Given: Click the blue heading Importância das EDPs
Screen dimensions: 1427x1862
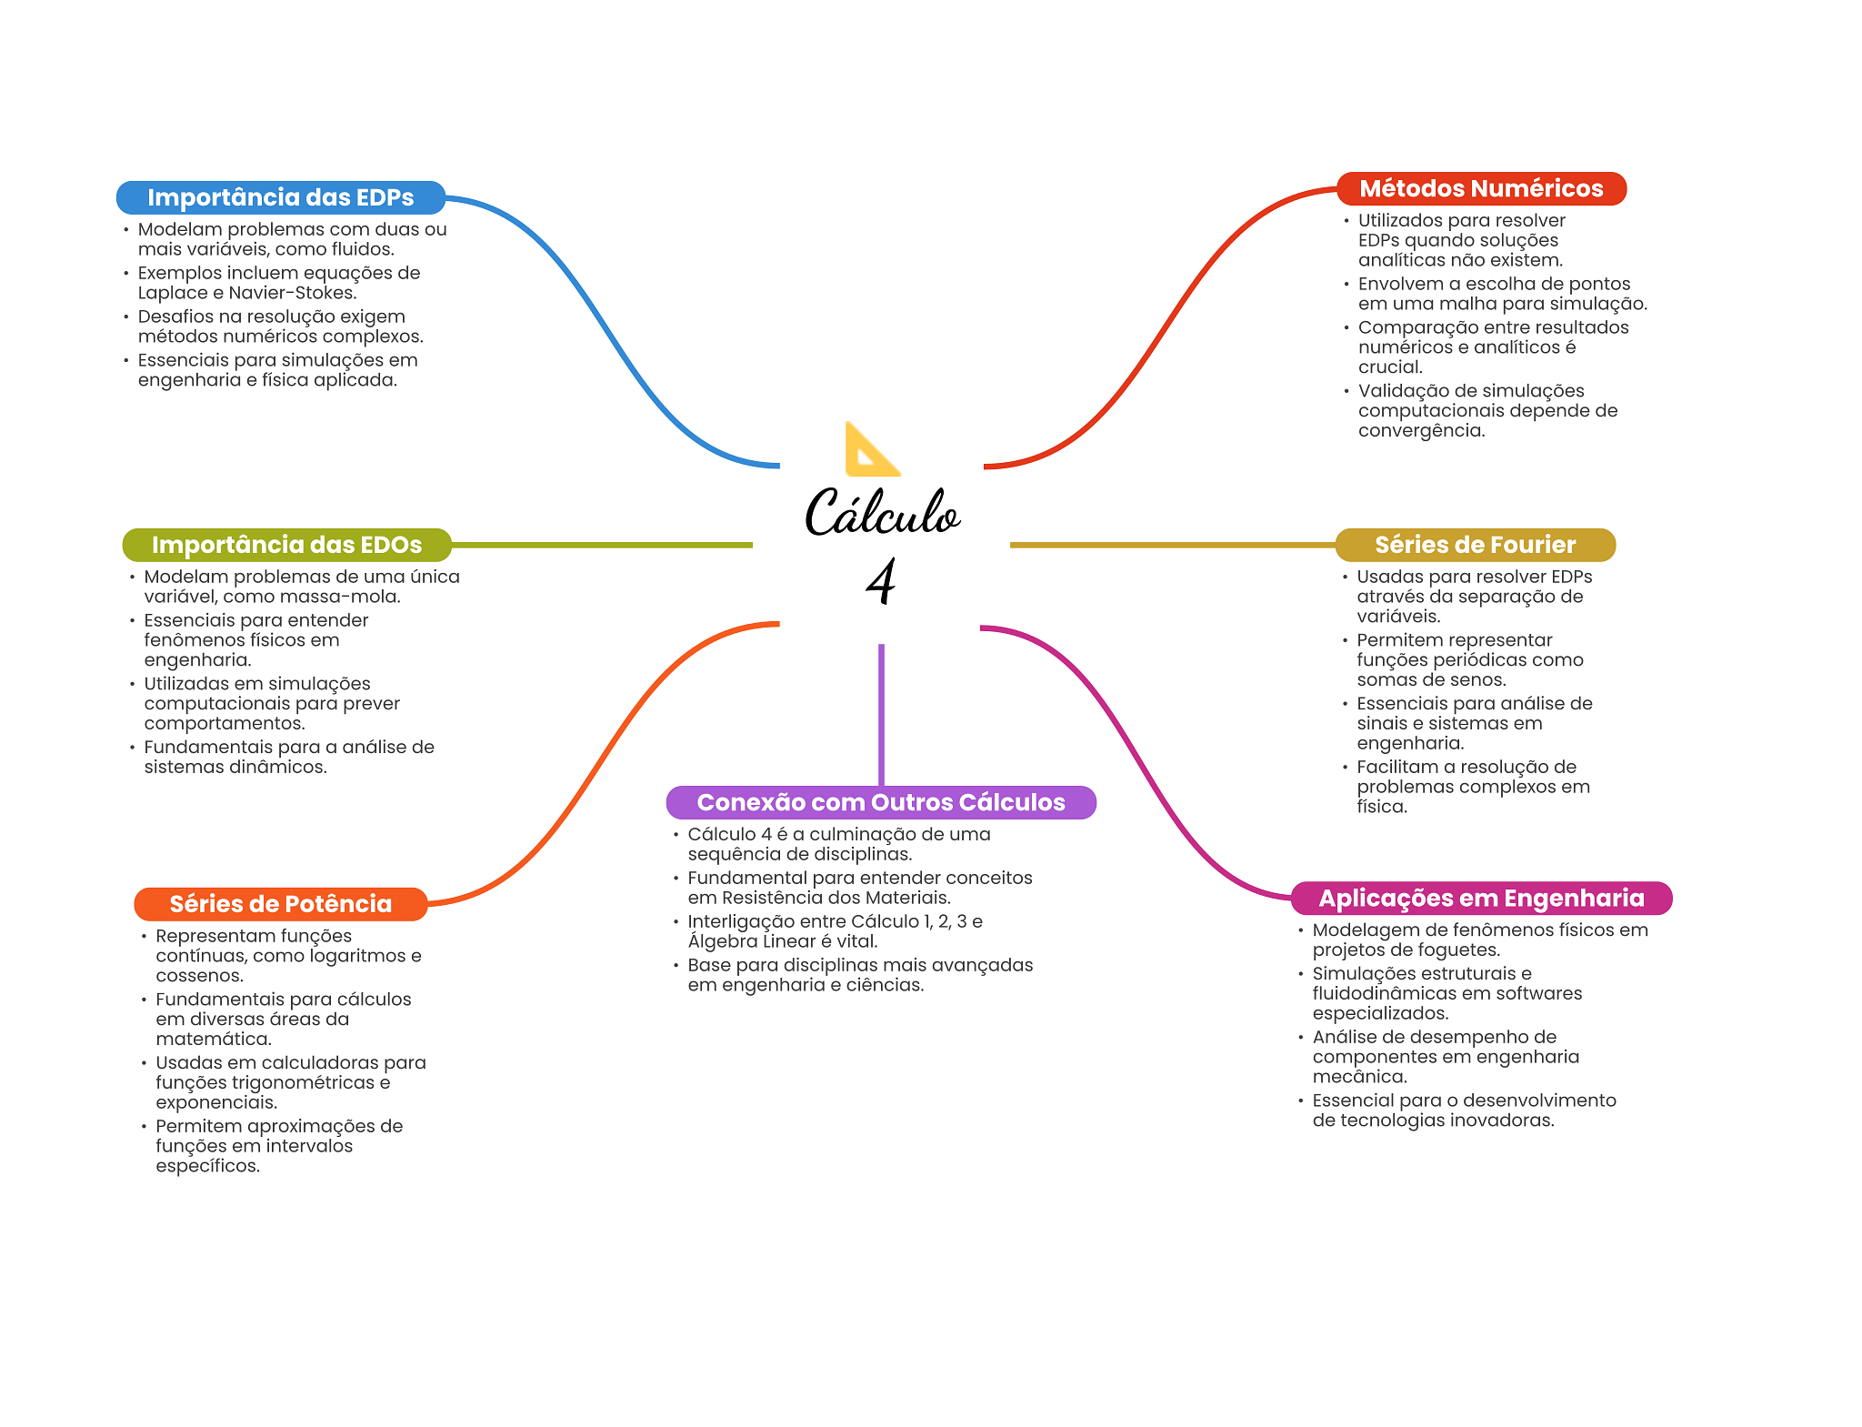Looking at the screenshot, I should click(x=280, y=197).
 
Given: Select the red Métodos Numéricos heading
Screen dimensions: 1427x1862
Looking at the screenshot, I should click(x=1481, y=188).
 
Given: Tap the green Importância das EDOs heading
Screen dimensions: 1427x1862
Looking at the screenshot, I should click(x=286, y=545).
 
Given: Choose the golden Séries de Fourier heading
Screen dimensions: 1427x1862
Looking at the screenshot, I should click(x=1475, y=545).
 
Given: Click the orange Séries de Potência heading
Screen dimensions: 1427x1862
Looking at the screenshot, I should click(x=280, y=904).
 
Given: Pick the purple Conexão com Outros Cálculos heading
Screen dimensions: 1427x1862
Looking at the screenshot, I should click(x=880, y=802).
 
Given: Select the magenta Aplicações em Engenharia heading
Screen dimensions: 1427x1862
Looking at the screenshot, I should click(x=1481, y=899).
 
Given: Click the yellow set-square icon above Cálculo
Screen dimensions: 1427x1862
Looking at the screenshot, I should click(x=870, y=449).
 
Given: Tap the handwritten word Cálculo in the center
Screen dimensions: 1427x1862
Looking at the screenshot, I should click(x=881, y=514).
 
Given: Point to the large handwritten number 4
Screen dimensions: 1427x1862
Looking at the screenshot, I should click(x=880, y=581).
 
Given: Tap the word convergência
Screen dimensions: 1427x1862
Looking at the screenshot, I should click(x=1421, y=431).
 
